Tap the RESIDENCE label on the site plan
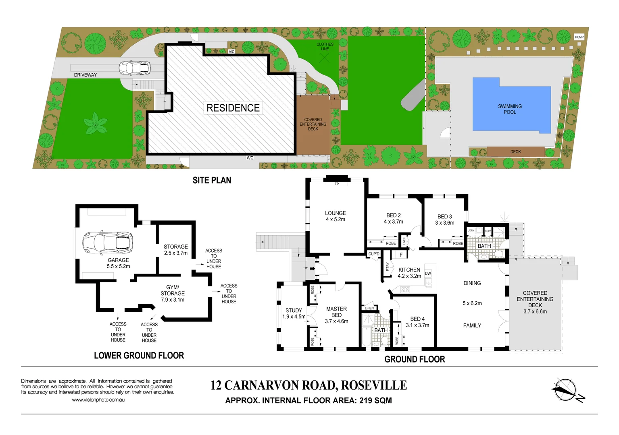click(x=233, y=108)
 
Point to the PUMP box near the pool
click(x=579, y=37)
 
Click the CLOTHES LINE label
click(x=325, y=47)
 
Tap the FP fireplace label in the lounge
click(x=337, y=184)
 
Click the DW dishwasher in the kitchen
click(x=428, y=273)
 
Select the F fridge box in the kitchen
click(x=401, y=255)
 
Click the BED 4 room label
click(x=417, y=319)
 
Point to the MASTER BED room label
click(x=336, y=312)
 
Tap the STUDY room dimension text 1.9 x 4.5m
click(x=294, y=317)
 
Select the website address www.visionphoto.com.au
click(x=98, y=400)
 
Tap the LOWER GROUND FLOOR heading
click(x=139, y=356)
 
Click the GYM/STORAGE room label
click(x=173, y=290)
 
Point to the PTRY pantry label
click(x=388, y=266)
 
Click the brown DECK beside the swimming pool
click(x=515, y=152)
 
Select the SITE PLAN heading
click(x=212, y=180)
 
